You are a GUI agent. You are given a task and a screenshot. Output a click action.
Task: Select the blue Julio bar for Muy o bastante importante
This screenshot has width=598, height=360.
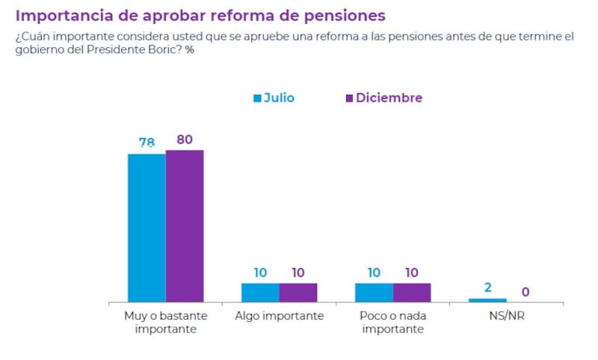tap(147, 228)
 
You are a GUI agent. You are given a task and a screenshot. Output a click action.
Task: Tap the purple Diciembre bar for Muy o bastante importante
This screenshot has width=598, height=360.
tap(185, 226)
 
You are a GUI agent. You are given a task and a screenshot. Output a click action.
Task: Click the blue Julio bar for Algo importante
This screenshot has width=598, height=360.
tap(260, 292)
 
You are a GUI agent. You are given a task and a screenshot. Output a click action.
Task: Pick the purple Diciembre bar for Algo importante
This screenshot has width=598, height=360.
tap(298, 292)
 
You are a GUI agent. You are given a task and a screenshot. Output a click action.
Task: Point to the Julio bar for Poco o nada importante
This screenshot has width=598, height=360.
tap(374, 292)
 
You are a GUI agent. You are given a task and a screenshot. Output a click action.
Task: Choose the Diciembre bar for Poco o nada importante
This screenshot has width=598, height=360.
tap(412, 292)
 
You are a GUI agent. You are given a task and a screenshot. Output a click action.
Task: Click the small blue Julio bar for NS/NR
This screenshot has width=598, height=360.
tap(487, 300)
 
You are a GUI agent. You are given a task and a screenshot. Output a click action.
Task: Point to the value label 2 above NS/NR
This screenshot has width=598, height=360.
tap(487, 288)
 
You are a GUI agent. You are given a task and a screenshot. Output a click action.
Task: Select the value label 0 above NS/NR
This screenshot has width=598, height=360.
tap(525, 292)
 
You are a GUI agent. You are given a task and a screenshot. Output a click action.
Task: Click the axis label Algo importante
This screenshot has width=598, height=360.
tap(279, 316)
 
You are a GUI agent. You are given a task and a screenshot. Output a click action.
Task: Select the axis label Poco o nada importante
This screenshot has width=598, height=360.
tap(392, 322)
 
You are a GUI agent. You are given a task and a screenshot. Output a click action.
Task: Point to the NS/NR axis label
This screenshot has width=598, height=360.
tap(506, 316)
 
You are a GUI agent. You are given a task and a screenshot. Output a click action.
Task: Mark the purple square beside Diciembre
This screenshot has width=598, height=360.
tap(348, 99)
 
